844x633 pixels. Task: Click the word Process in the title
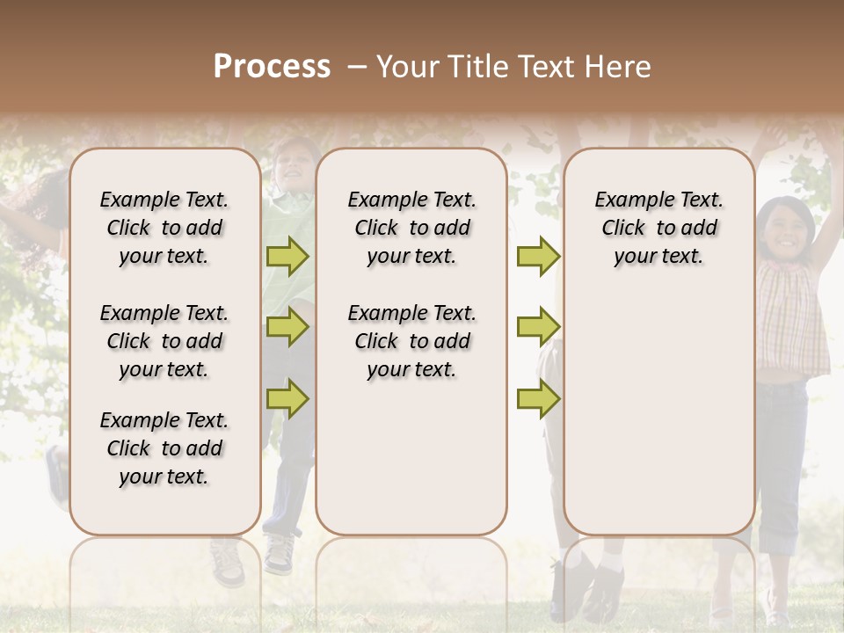(272, 67)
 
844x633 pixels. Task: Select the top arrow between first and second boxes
(287, 256)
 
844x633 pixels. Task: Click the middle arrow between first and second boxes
(287, 327)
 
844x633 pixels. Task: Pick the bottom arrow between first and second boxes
(287, 398)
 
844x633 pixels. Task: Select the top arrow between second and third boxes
(538, 256)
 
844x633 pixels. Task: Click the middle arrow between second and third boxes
(538, 327)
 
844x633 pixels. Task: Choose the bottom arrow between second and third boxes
(538, 398)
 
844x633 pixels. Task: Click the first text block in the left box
(164, 228)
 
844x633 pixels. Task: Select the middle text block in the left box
(164, 341)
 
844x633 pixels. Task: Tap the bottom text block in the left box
(164, 448)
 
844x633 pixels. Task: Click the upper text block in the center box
(411, 228)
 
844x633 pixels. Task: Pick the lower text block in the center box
(411, 341)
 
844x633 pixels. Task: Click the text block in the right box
(658, 228)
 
